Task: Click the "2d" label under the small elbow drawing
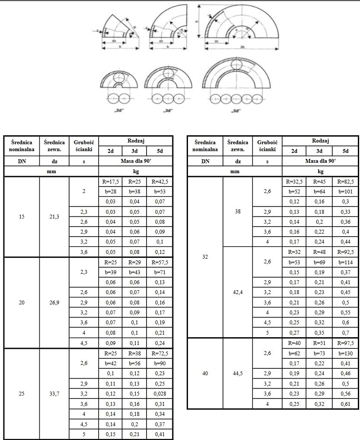[x=120, y=111]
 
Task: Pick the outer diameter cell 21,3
[x=54, y=216]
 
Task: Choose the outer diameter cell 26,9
[x=54, y=302]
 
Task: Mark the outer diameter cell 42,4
[x=238, y=291]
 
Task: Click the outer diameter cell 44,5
[x=238, y=374]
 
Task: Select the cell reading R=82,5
[x=345, y=182]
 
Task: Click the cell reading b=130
[x=345, y=353]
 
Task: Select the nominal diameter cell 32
[x=205, y=257]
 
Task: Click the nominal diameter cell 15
[x=22, y=216]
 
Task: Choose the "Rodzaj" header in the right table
[x=320, y=141]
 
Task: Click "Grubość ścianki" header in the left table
[x=84, y=146]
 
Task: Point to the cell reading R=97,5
[x=345, y=343]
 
